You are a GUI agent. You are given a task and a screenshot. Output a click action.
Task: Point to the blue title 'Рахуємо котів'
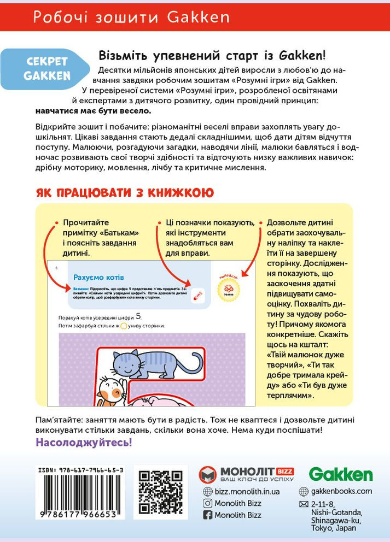pyautogui.click(x=99, y=277)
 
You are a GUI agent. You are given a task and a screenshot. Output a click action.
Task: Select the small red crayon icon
pyautogui.click(x=198, y=295)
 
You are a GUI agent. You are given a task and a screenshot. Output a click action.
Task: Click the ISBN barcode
pyautogui.click(x=80, y=497)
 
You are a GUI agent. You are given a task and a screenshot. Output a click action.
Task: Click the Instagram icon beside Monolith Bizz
pyautogui.click(x=208, y=503)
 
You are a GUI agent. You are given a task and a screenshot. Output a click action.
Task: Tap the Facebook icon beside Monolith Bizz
pyautogui.click(x=208, y=515)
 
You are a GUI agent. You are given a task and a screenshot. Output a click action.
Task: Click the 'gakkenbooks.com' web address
pyautogui.click(x=341, y=491)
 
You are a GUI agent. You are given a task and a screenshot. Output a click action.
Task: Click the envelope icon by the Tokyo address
pyautogui.click(x=304, y=504)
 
